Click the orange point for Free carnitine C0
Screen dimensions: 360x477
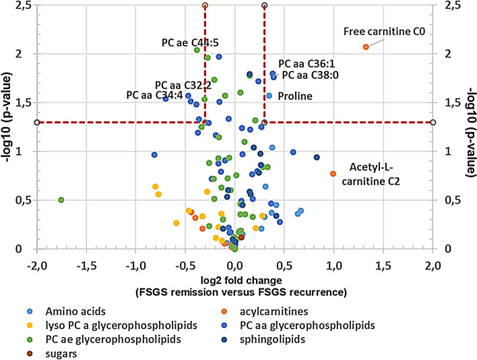pos(366,47)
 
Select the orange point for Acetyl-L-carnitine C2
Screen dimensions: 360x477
pos(333,174)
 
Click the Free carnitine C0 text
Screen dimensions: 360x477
pos(384,32)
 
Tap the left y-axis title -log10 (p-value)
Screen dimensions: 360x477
pos(8,125)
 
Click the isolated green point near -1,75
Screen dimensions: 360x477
pos(61,200)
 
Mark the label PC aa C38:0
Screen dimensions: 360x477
pos(306,75)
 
